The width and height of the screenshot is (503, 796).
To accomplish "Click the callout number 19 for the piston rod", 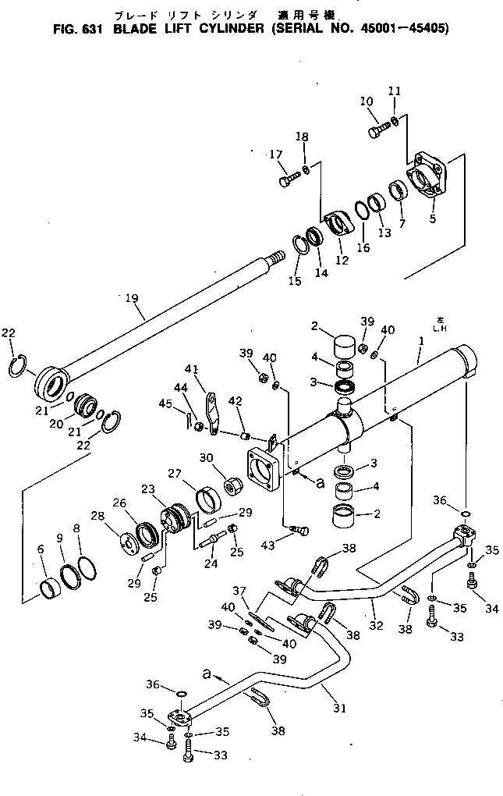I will (130, 298).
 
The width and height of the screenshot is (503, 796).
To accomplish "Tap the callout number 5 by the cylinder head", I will (432, 219).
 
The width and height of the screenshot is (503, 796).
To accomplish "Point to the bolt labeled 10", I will (377, 130).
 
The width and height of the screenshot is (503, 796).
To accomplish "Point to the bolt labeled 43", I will (299, 531).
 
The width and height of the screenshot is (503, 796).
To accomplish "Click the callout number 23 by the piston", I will (147, 489).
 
